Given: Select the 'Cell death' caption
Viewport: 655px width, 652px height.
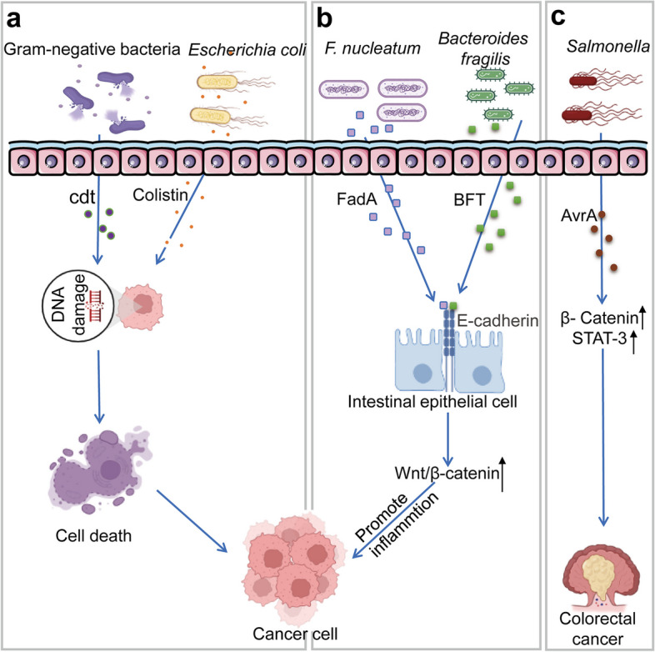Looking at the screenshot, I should (92, 535).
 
